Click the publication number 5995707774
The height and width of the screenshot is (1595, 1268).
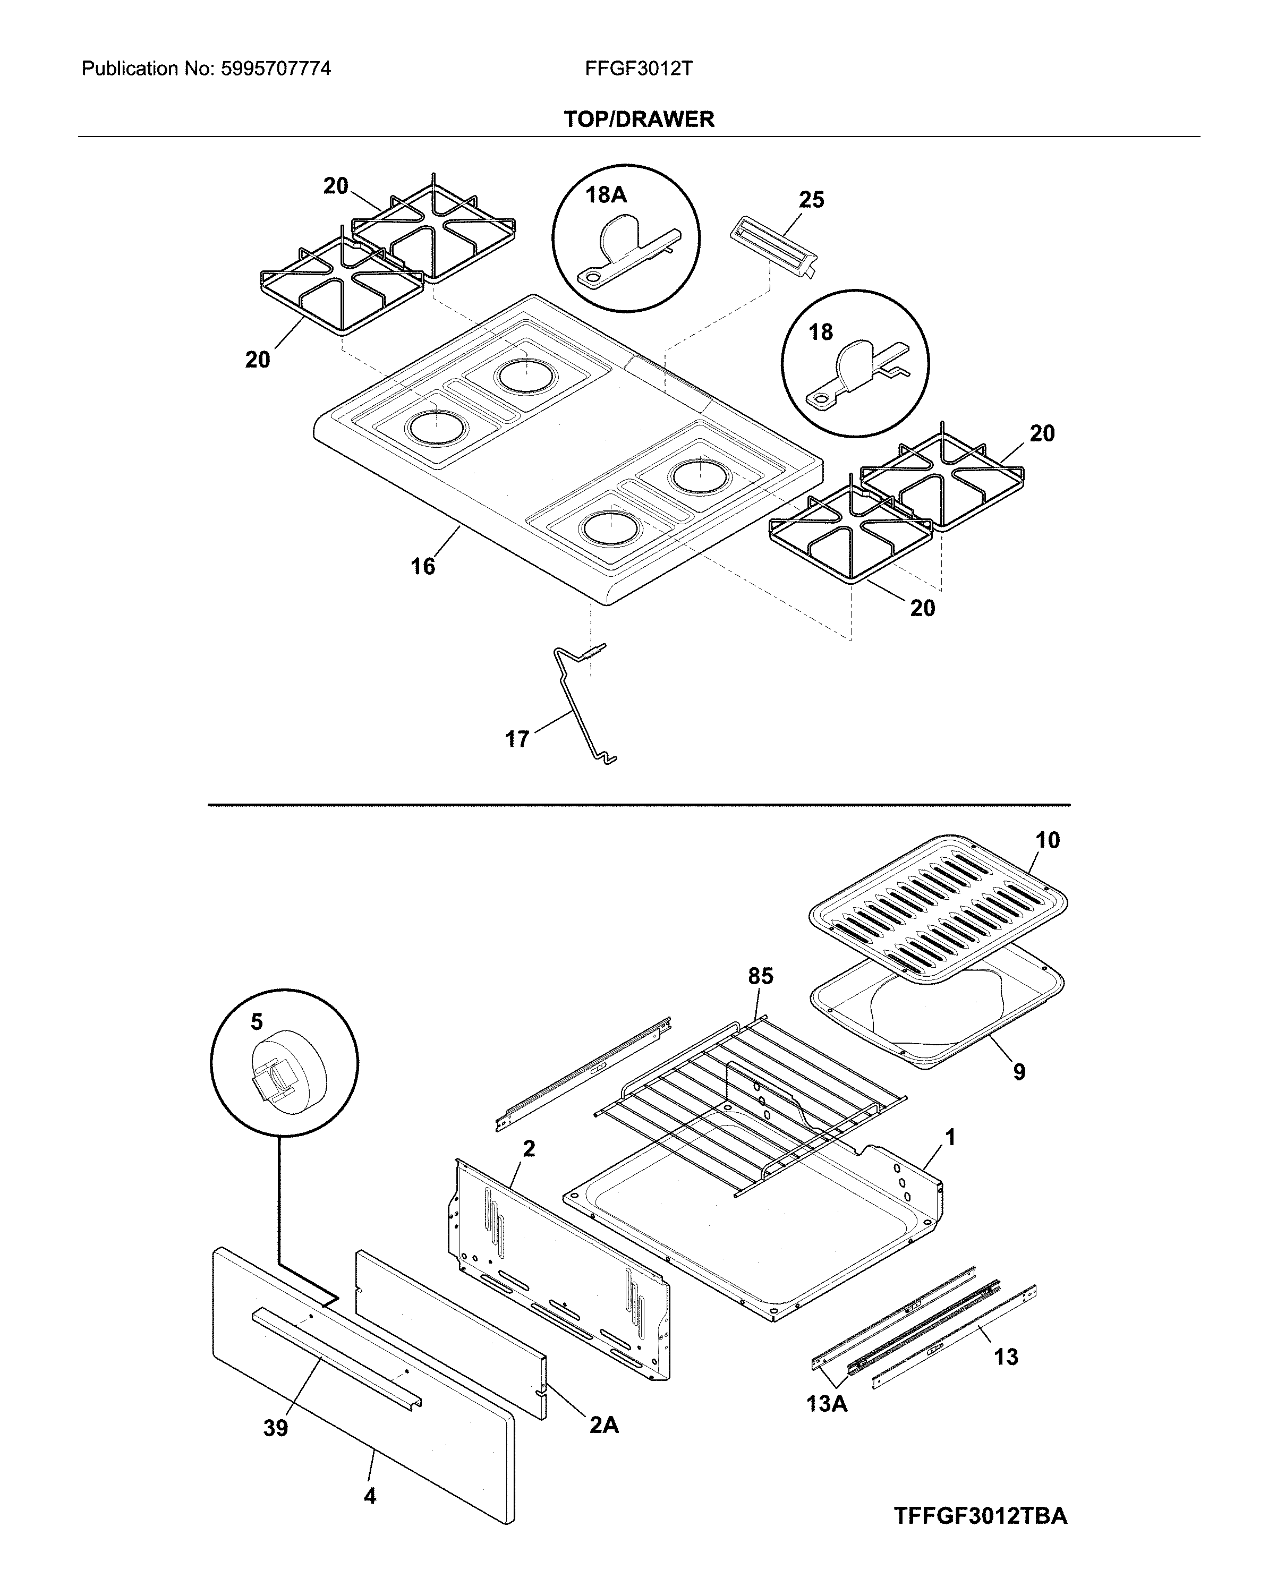click(275, 70)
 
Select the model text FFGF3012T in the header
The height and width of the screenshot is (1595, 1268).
click(639, 70)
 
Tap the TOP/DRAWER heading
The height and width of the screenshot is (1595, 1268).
click(639, 119)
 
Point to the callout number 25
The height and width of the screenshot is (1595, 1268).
click(811, 200)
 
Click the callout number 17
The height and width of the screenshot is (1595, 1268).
click(517, 739)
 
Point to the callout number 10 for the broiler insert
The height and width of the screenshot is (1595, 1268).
click(1047, 840)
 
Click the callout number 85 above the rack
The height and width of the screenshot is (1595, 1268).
click(760, 977)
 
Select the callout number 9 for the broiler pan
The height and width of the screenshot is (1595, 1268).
click(1019, 1072)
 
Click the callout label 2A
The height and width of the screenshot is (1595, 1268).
click(603, 1426)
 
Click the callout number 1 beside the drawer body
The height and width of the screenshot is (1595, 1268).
click(951, 1137)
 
